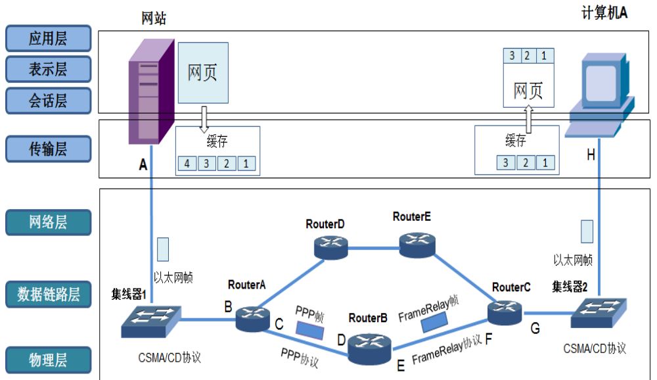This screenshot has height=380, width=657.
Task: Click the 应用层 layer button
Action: click(x=47, y=39)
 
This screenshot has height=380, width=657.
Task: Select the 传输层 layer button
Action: click(x=47, y=149)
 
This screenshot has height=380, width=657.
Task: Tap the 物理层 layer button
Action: click(x=47, y=360)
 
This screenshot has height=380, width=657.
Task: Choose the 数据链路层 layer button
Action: click(x=47, y=295)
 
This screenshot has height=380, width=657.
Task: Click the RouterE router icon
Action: click(x=417, y=244)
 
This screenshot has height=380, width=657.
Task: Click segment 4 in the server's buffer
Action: click(x=187, y=163)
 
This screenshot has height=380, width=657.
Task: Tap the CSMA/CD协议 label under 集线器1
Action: click(x=170, y=358)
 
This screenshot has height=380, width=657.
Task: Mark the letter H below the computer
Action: click(x=591, y=155)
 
